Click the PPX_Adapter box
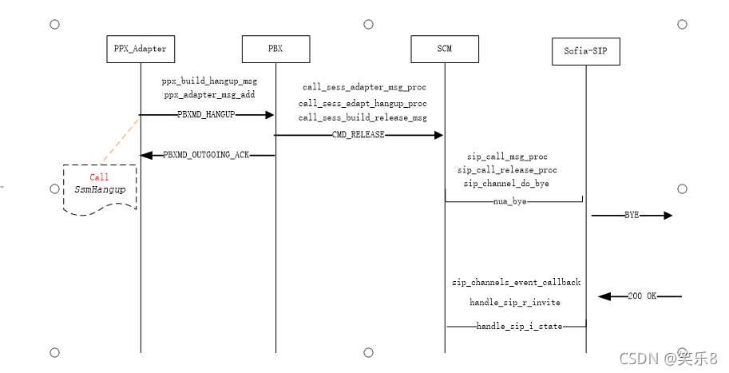[x=140, y=49]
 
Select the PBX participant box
[x=275, y=49]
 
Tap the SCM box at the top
[x=445, y=49]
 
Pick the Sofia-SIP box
[x=586, y=52]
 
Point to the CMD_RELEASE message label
[x=359, y=135]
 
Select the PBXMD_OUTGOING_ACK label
[x=207, y=155]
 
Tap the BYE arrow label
[x=632, y=216]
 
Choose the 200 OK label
[x=642, y=296]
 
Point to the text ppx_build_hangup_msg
[x=209, y=81]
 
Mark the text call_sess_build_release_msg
[x=363, y=118]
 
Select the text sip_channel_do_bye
[x=506, y=184]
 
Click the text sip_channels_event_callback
[x=516, y=283]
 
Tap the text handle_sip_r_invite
[x=515, y=303]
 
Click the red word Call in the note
[x=100, y=177]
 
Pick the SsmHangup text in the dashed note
[x=100, y=190]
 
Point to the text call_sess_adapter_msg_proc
[x=363, y=86]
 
